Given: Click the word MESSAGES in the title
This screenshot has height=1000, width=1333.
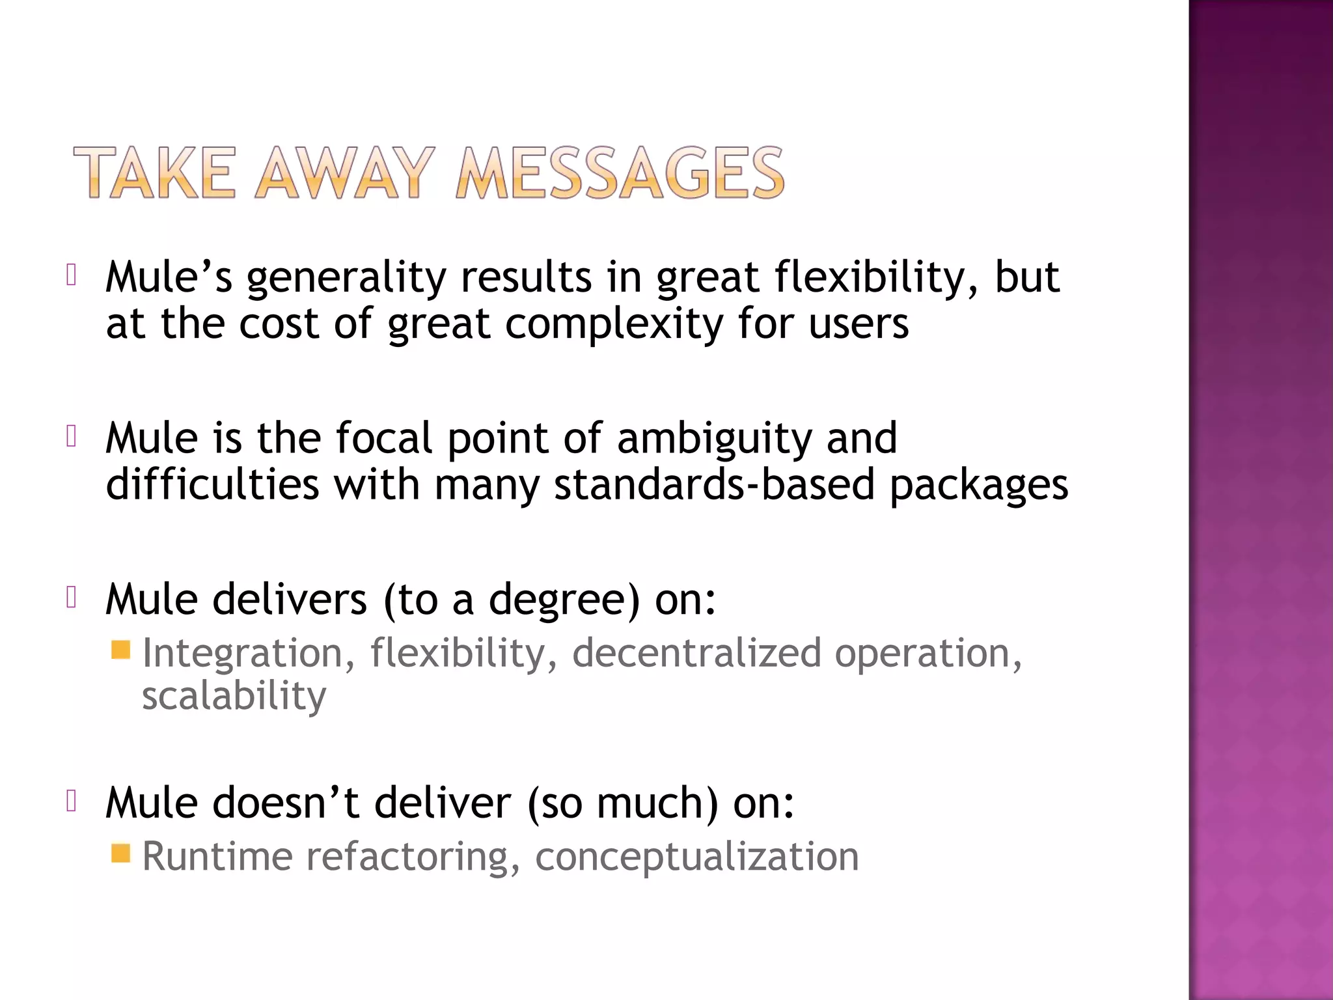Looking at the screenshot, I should (x=620, y=173).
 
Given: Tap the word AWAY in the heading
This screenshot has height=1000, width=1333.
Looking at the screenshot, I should (x=344, y=173).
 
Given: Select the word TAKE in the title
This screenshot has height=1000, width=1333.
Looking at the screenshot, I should (x=154, y=173).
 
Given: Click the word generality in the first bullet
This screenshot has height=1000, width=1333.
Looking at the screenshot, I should (x=346, y=278).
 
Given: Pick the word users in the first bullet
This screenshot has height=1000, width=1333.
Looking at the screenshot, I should (x=859, y=324).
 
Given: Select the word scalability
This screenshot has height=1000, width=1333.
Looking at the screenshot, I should (x=234, y=696).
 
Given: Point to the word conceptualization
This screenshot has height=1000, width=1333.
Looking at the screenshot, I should (x=696, y=857).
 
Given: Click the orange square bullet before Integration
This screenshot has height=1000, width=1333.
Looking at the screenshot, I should (x=121, y=650).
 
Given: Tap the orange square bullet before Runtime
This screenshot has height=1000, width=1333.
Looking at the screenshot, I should (x=121, y=853).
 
